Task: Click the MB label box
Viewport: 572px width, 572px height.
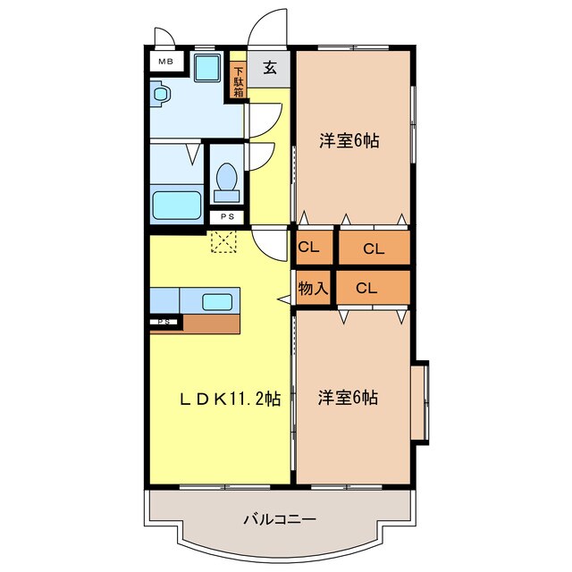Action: tap(166, 62)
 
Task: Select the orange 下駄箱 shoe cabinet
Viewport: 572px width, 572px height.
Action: tap(239, 81)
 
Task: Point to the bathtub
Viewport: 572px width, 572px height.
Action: tap(176, 205)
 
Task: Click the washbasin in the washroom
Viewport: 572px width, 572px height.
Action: tap(161, 92)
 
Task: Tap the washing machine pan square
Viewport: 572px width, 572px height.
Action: tap(207, 68)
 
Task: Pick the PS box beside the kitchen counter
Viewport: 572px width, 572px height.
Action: tap(163, 322)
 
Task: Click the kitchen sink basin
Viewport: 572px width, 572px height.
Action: tap(217, 301)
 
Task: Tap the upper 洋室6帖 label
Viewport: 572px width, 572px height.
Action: tap(349, 140)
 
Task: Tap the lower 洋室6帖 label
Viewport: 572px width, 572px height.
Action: tap(348, 398)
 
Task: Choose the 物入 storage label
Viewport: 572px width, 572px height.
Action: tap(313, 289)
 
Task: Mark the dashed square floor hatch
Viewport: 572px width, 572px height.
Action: tap(221, 241)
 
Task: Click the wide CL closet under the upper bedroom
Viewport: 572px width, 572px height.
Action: tap(373, 248)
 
